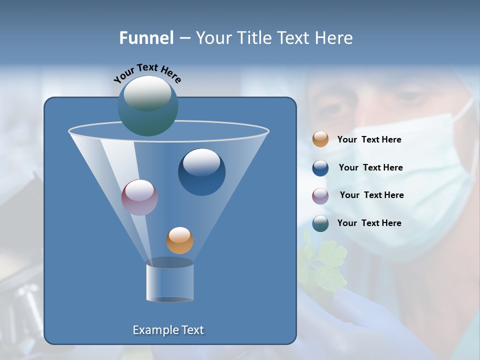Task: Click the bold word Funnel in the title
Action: (146, 38)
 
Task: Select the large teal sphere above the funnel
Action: (147, 105)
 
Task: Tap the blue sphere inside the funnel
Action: (201, 172)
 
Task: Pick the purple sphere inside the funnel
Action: (139, 197)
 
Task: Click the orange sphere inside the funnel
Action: (179, 240)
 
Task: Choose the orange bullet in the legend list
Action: (320, 139)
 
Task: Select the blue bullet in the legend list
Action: (320, 168)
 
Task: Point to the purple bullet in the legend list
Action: (320, 195)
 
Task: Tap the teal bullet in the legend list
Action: (320, 223)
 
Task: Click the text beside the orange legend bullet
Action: (369, 140)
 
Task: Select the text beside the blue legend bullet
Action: (370, 168)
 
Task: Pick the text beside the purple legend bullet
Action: (371, 195)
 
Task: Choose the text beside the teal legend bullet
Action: (369, 223)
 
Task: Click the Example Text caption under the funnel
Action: (168, 330)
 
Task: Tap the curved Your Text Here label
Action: (147, 73)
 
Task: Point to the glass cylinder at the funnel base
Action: (170, 281)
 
